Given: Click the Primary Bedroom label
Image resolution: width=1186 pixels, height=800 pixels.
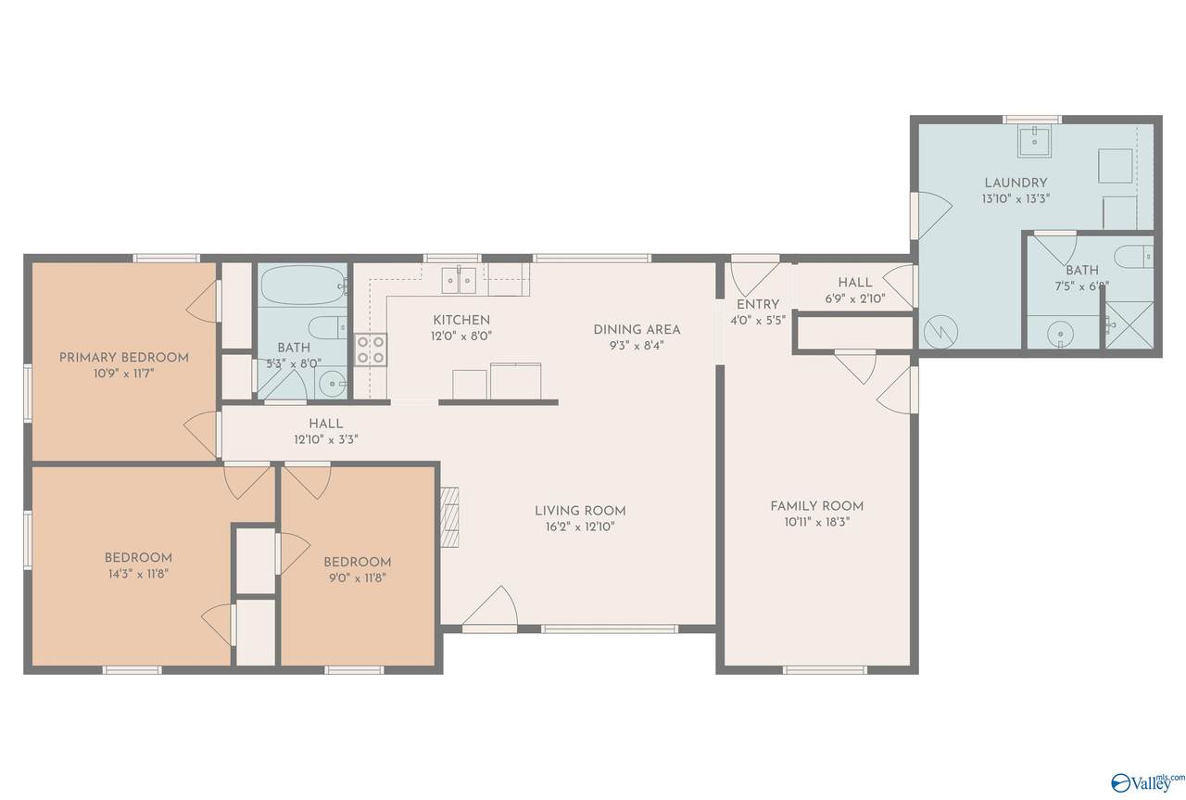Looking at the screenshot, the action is [124, 358].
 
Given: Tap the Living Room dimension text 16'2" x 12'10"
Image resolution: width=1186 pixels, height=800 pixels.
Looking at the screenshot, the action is [580, 527].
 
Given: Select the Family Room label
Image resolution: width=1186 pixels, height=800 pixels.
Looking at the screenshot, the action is [817, 506].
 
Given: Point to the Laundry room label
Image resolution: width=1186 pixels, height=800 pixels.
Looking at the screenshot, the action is [1016, 183].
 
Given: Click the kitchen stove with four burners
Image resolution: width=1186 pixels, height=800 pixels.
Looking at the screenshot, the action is [371, 349].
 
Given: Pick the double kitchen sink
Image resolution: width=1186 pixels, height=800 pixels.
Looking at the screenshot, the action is [459, 280].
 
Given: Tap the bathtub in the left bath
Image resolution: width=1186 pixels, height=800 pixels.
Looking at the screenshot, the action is [302, 285].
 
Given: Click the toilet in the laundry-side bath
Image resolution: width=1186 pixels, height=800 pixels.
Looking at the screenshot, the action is [1133, 257].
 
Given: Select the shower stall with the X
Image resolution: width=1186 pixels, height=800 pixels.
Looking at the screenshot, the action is [1129, 325].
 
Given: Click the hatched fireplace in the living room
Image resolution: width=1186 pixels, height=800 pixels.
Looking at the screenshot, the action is [450, 517].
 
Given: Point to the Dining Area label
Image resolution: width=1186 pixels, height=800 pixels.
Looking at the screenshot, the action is [637, 329].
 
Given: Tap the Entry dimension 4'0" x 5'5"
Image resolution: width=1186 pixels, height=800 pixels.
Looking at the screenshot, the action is [758, 321].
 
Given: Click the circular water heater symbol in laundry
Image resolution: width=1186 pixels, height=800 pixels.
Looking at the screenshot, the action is [940, 332].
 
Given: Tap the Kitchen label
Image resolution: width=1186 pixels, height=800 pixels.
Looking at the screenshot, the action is [461, 320].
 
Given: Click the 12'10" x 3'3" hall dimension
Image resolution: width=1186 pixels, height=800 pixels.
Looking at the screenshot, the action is [326, 439].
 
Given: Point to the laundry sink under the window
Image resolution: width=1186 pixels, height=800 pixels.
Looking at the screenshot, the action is [1034, 142].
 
